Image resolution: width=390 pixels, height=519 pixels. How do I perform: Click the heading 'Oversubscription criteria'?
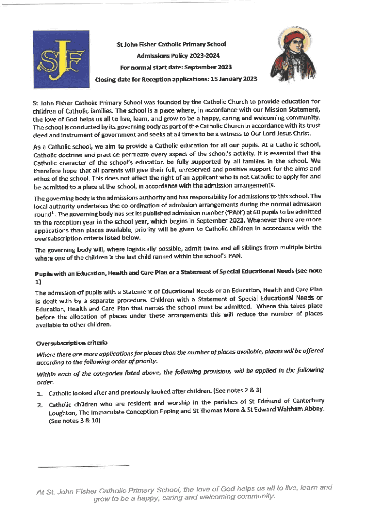(64, 343)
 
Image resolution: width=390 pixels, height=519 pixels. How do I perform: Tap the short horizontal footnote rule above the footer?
(84, 465)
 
